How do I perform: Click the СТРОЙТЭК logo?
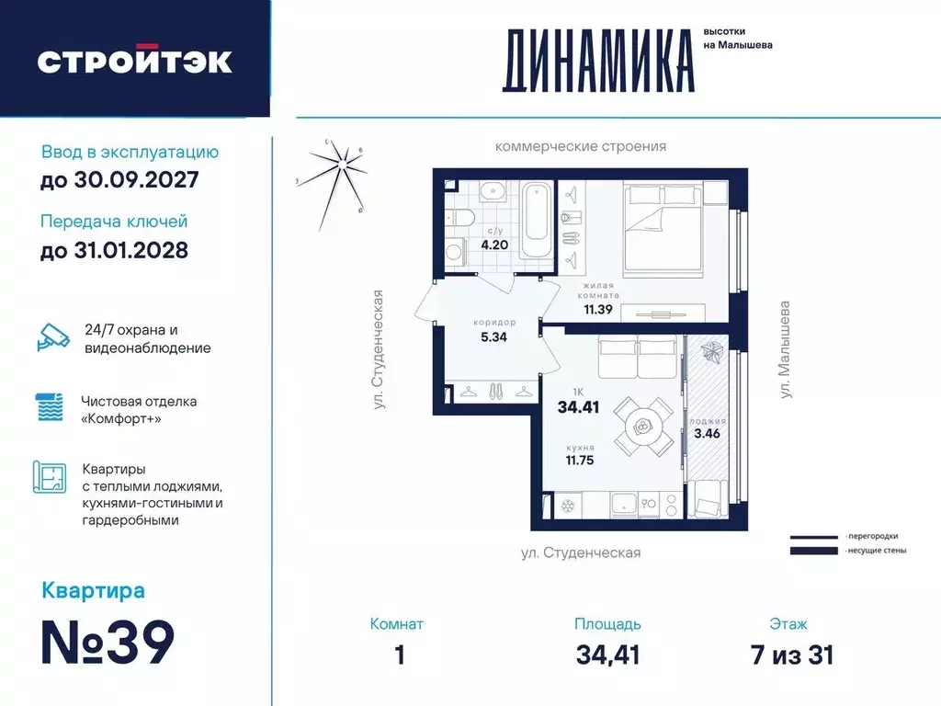click(134, 61)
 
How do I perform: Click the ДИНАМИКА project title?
click(597, 61)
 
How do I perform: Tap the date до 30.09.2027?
click(119, 180)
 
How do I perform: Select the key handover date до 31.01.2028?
click(115, 250)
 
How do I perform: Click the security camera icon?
click(52, 336)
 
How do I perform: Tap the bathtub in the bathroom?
click(535, 221)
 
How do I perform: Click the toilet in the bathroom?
click(459, 218)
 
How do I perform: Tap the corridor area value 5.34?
click(492, 336)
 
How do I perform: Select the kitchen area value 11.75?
click(580, 461)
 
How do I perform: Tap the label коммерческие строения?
click(580, 146)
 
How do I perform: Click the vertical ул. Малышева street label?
click(785, 349)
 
